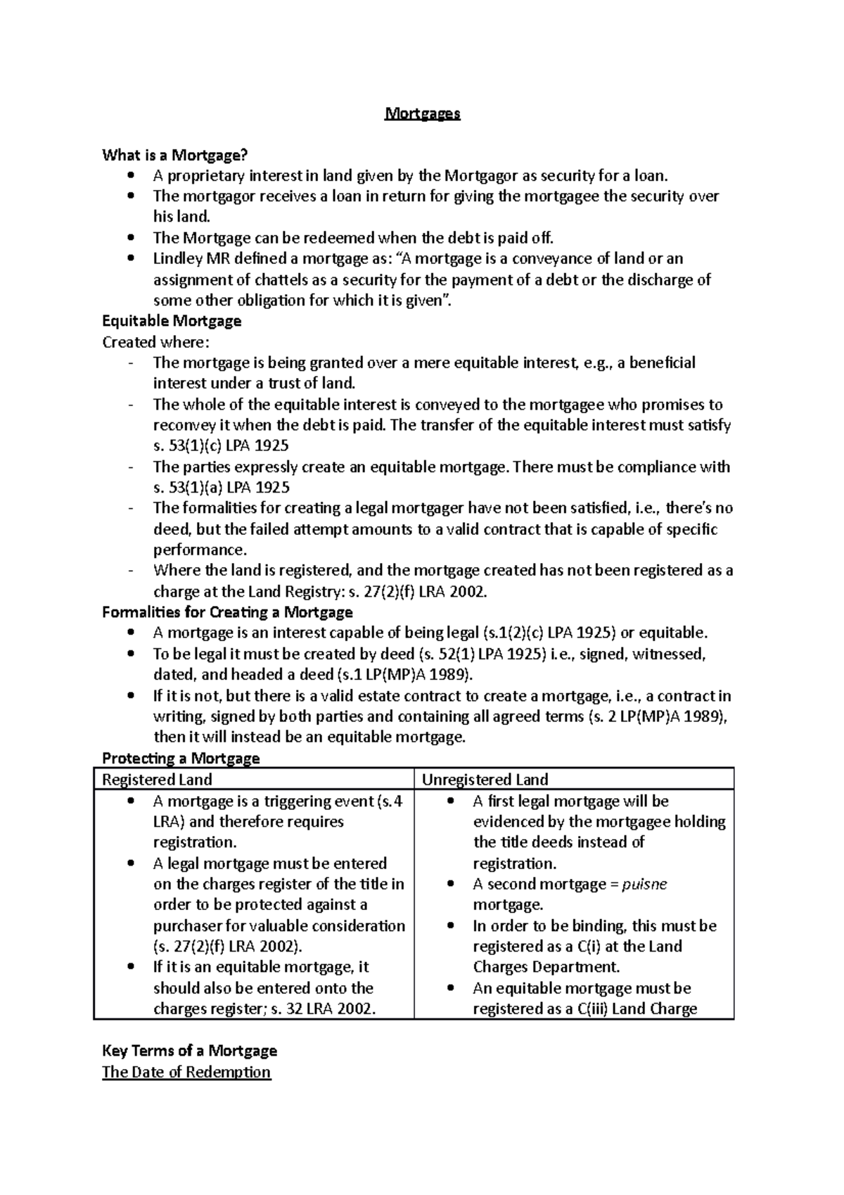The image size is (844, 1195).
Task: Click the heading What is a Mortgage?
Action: pos(175,155)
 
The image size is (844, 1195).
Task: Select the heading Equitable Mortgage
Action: pos(172,321)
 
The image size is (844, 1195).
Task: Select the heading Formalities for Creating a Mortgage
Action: pos(227,612)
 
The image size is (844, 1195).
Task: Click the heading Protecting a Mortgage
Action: pos(181,758)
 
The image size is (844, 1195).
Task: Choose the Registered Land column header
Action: pos(157,779)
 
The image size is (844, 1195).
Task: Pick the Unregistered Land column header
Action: pos(485,779)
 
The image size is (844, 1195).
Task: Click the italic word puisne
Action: pos(644,884)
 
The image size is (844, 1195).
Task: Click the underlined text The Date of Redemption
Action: pos(186,1072)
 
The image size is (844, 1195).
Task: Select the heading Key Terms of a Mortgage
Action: pos(189,1051)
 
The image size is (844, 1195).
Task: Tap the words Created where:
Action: pos(155,342)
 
